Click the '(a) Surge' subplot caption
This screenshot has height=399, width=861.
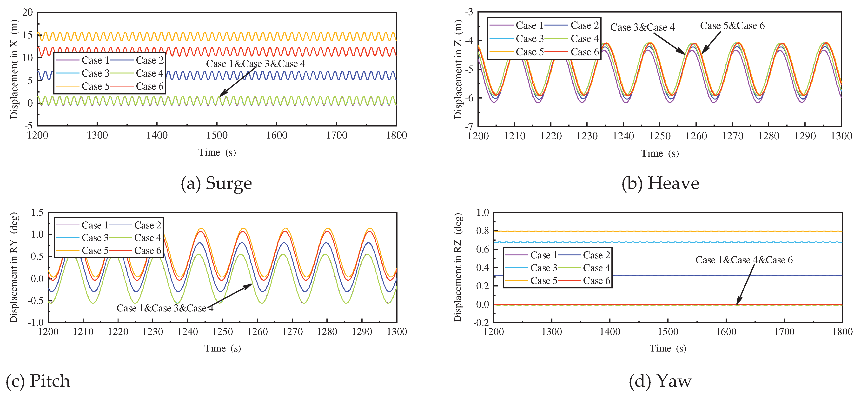click(216, 183)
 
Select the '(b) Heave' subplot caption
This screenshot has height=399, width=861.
click(660, 183)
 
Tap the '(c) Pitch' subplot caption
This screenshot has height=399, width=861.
click(38, 381)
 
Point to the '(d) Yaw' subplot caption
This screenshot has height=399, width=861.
click(660, 381)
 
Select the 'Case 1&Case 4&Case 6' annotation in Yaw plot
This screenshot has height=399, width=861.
click(744, 260)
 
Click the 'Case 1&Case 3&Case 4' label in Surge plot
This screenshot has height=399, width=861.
click(255, 64)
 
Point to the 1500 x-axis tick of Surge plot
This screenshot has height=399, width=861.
click(217, 135)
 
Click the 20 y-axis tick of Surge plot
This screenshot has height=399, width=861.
click(27, 13)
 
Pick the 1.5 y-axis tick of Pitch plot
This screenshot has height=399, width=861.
click(37, 213)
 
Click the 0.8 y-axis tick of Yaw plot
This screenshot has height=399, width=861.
click(482, 231)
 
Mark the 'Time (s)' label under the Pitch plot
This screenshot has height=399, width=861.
click(223, 349)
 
